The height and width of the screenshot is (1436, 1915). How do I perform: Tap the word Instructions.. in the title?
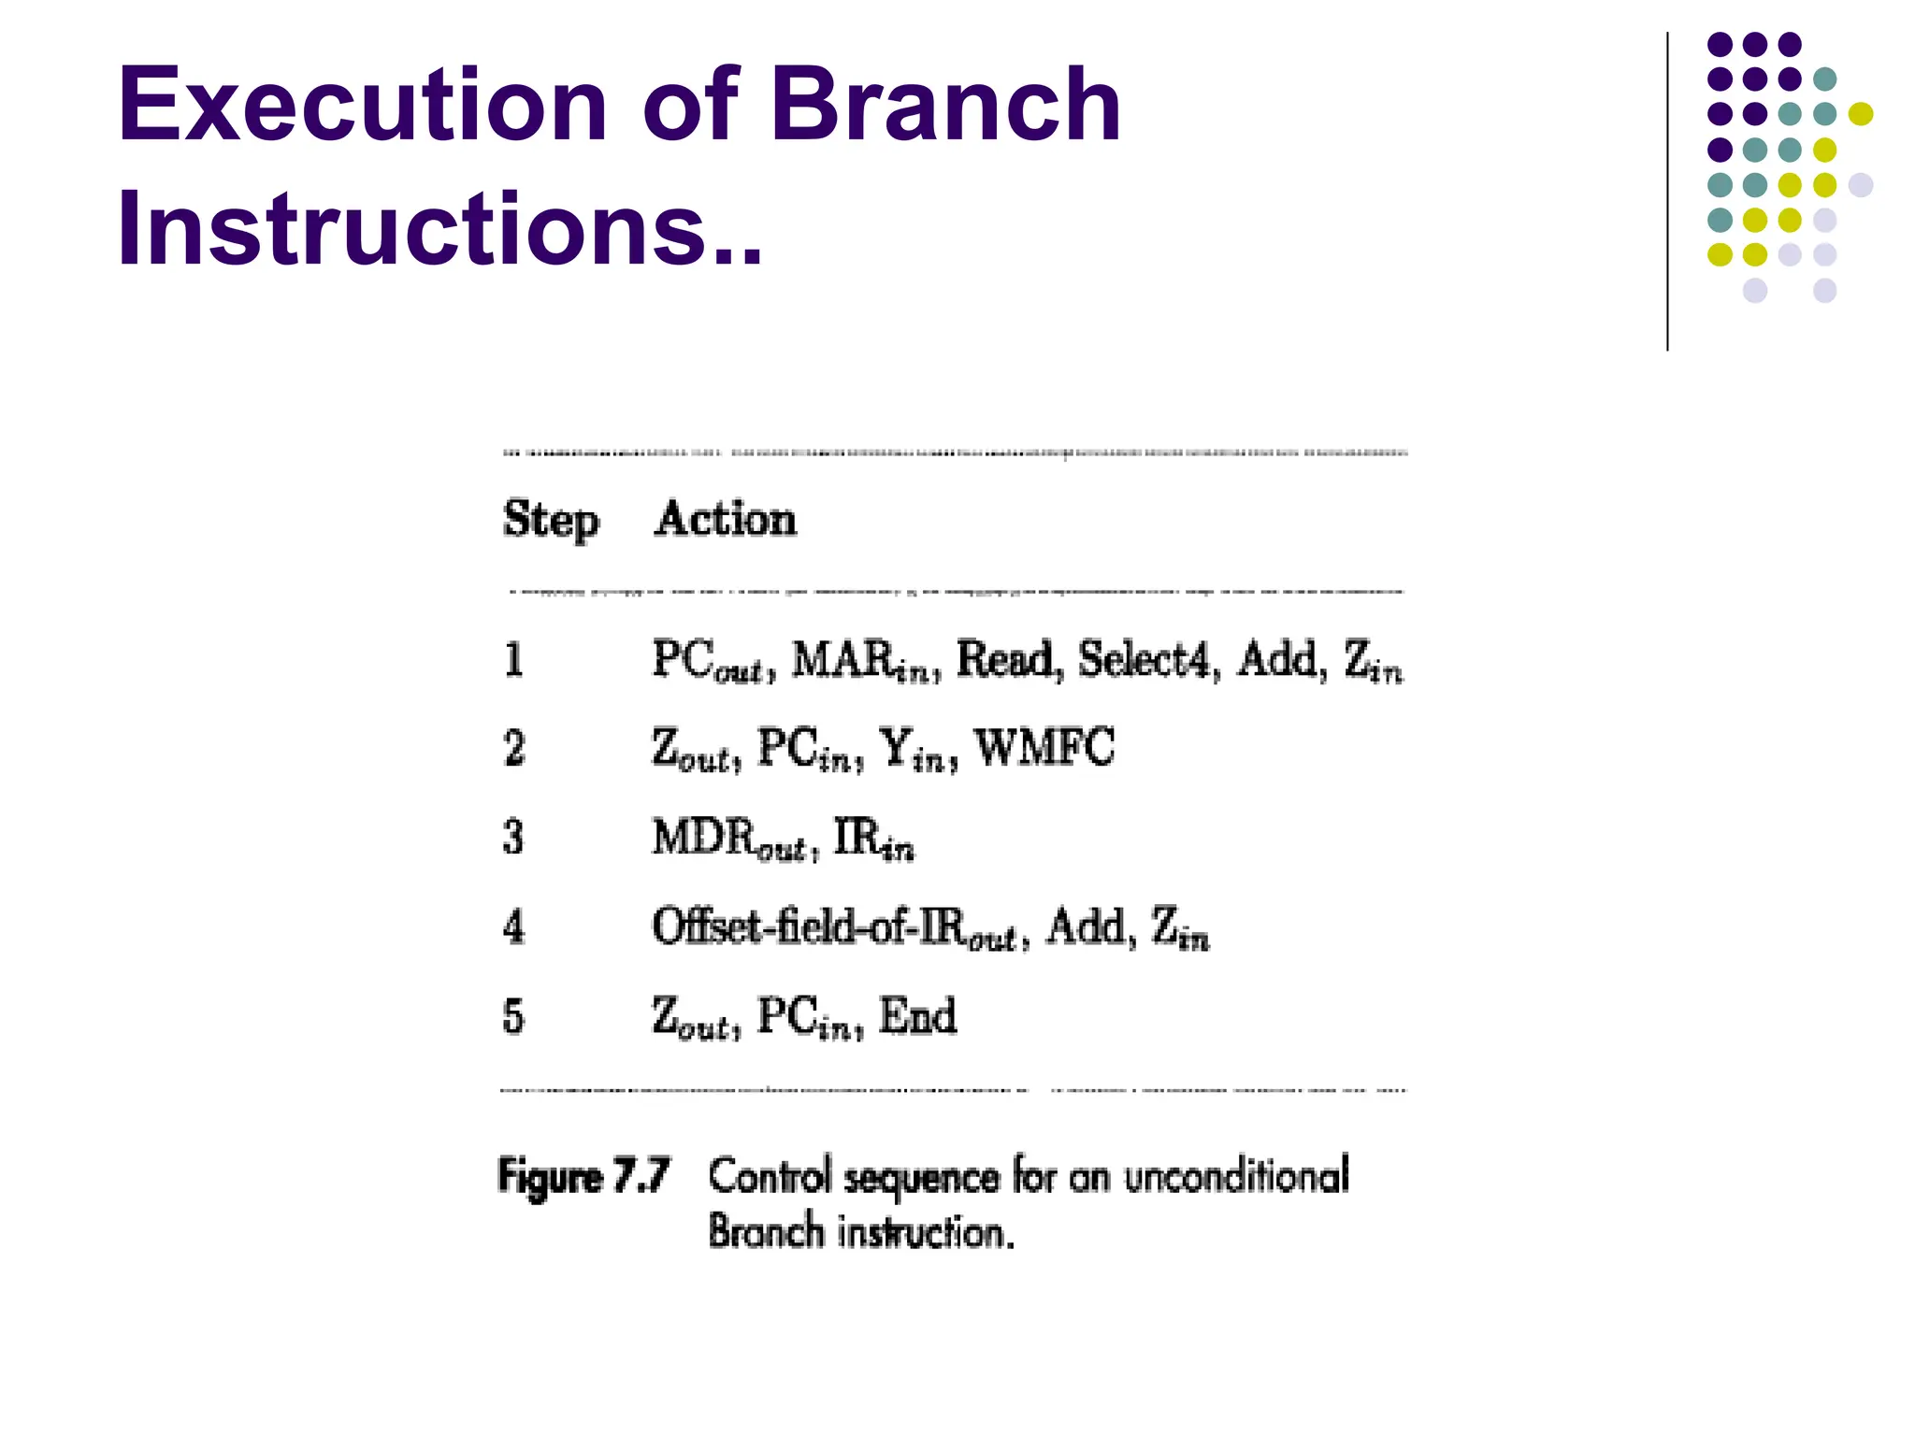pyautogui.click(x=439, y=229)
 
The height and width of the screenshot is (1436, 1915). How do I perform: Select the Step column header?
pyautogui.click(x=551, y=520)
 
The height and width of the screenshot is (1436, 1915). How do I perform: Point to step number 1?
pyautogui.click(x=513, y=660)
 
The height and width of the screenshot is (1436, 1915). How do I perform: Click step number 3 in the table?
pyautogui.click(x=513, y=837)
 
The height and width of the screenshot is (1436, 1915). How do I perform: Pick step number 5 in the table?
pyautogui.click(x=513, y=1016)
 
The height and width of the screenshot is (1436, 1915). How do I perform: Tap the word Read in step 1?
pyautogui.click(x=1009, y=659)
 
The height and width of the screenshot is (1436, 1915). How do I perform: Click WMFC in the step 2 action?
pyautogui.click(x=1044, y=748)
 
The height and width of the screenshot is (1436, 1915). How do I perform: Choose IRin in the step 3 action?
pyautogui.click(x=873, y=838)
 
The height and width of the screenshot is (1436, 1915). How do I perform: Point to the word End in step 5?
pyautogui.click(x=918, y=1016)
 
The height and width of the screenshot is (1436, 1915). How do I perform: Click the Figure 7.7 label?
pyautogui.click(x=584, y=1176)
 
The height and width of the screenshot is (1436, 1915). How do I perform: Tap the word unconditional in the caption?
pyautogui.click(x=1236, y=1176)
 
